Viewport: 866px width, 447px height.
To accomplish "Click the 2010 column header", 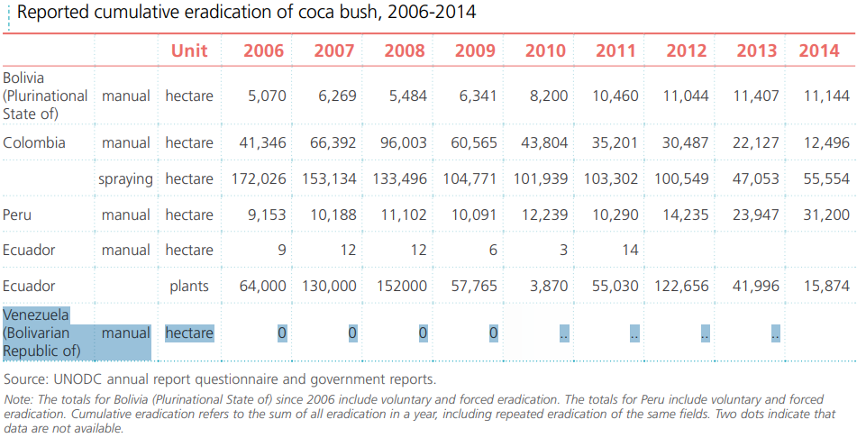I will pyautogui.click(x=545, y=50).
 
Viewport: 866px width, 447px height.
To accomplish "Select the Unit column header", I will pyautogui.click(x=189, y=50).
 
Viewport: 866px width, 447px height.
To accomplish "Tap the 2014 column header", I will pyautogui.click(x=819, y=50).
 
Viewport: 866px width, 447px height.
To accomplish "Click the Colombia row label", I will pyautogui.click(x=34, y=142).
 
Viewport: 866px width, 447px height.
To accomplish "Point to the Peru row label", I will pyautogui.click(x=18, y=214).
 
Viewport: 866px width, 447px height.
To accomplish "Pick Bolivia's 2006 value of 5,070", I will pyautogui.click(x=266, y=96).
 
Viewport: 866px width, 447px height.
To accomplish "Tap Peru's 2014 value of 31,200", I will pyautogui.click(x=826, y=214).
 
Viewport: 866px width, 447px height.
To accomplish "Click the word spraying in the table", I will pyautogui.click(x=125, y=178).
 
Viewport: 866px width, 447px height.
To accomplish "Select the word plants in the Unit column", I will pyautogui.click(x=189, y=287).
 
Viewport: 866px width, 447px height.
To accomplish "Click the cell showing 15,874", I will pyautogui.click(x=826, y=287).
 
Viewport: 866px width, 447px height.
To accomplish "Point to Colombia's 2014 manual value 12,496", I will pyautogui.click(x=826, y=142).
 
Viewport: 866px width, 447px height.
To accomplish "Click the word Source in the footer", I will pyautogui.click(x=25, y=379).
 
